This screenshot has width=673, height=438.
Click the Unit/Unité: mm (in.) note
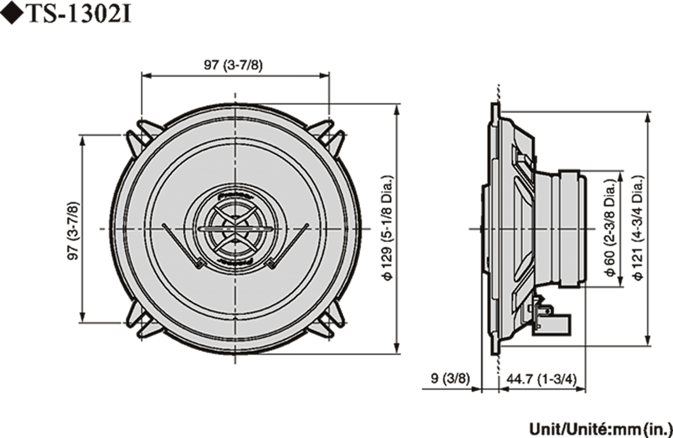tap(599, 427)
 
